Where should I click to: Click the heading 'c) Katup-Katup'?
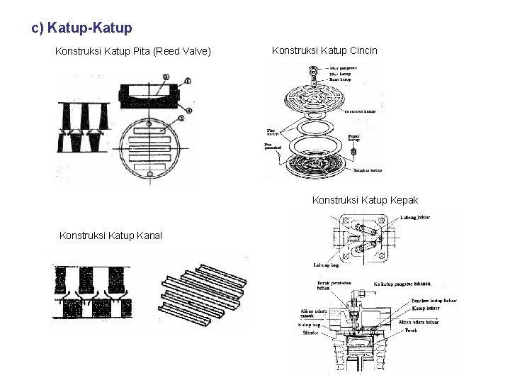[81, 28]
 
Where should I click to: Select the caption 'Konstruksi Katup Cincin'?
[324, 50]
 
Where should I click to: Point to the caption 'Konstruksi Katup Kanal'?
[110, 235]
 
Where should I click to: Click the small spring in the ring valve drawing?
[352, 152]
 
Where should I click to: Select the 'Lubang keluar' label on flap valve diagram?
[415, 216]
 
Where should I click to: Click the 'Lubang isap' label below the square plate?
[327, 265]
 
